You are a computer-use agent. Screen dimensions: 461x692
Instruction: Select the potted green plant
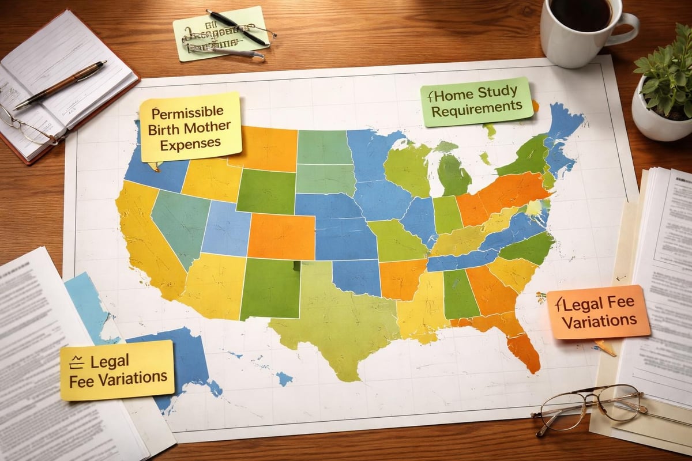[666, 86]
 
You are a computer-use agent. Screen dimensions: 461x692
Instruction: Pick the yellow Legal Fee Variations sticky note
[117, 370]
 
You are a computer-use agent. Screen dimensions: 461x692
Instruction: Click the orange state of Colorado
[281, 236]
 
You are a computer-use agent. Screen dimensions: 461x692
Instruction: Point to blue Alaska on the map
[179, 357]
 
